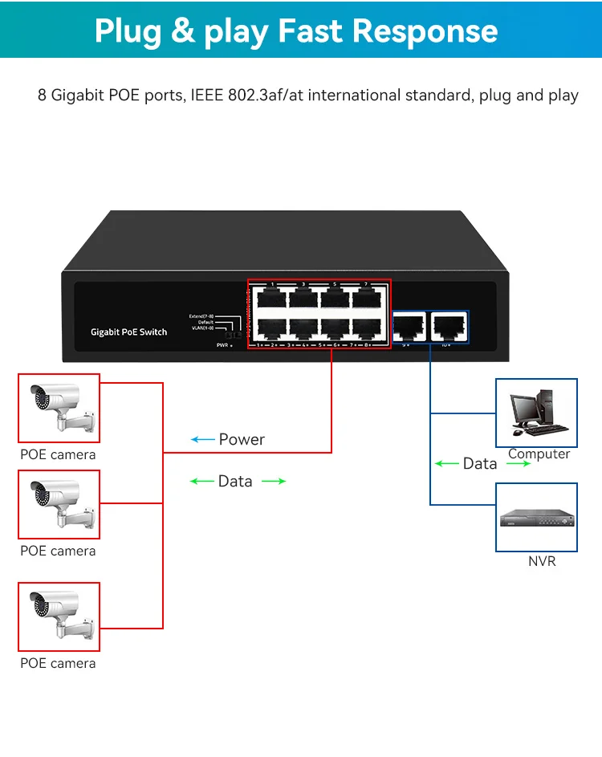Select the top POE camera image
pos(59,408)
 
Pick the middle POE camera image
pos(59,504)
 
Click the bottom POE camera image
pos(59,617)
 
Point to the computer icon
pos(536,412)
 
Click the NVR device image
pos(536,518)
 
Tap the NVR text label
pos(542,561)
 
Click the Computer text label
pos(539,454)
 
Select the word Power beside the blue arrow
pos(242,439)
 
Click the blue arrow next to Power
pos(201,439)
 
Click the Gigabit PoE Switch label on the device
pos(128,332)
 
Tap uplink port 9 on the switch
pos(409,325)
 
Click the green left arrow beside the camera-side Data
pos(201,481)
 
